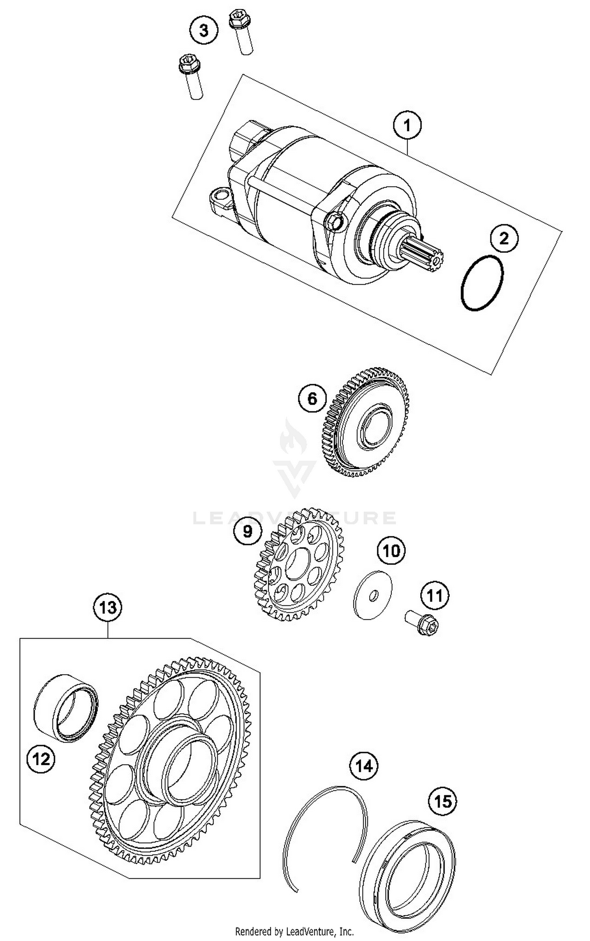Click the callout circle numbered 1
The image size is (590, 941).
coord(407,126)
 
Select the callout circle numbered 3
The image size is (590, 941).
coord(204,30)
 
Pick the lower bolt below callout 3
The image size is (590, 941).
coord(192,77)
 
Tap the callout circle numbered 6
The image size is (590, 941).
coord(312,399)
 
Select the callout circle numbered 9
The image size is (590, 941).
coord(247,531)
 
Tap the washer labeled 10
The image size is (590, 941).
coord(372,595)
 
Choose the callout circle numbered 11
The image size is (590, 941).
coord(435,596)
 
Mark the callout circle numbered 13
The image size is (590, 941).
coord(108,608)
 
